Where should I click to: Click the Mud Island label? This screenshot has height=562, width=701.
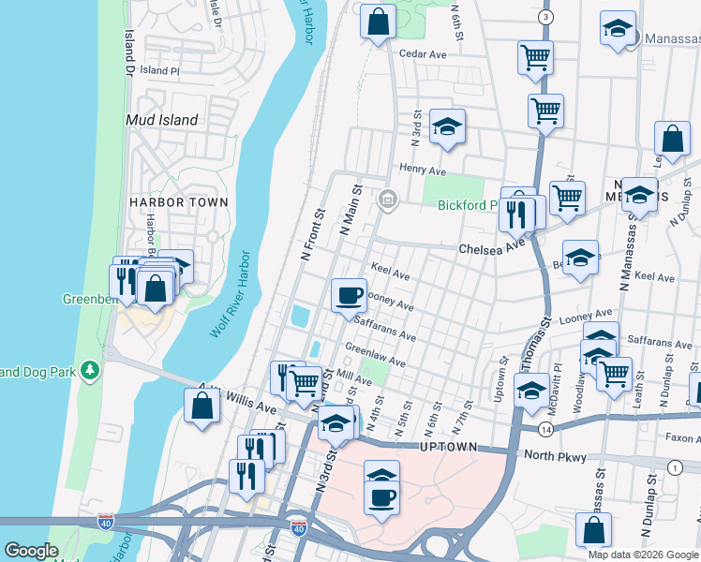(x=162, y=120)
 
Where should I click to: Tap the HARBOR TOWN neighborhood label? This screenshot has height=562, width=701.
(x=179, y=201)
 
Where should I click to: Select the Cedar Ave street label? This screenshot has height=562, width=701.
(x=423, y=53)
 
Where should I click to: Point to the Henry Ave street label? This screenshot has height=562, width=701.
(x=423, y=170)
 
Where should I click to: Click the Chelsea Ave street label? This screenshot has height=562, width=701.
(x=491, y=248)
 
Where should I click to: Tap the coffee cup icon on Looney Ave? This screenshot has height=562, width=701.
(x=350, y=295)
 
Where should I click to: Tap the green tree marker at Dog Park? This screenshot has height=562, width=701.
(x=90, y=370)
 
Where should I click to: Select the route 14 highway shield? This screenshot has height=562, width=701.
(x=544, y=429)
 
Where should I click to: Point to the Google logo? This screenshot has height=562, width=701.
(x=31, y=551)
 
